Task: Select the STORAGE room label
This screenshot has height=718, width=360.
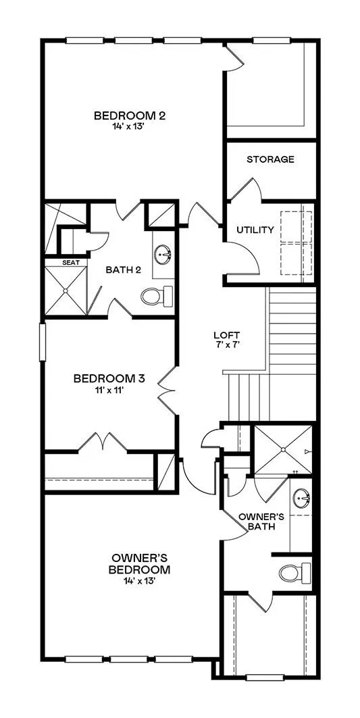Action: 270,159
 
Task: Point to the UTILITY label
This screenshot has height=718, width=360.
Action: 255,230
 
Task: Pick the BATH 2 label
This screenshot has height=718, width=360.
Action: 123,270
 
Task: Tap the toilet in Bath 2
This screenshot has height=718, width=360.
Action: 157,296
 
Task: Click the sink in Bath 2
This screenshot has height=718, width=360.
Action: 163,255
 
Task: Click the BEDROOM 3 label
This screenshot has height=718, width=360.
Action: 109,379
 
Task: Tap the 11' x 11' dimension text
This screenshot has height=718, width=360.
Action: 109,390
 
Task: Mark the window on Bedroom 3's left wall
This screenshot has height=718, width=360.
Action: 43,342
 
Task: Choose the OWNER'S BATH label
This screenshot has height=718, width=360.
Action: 261,521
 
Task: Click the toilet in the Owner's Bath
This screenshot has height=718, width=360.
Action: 295,573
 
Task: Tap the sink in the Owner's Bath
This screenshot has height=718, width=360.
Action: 302,496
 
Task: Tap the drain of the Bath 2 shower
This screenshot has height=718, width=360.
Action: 66,290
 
